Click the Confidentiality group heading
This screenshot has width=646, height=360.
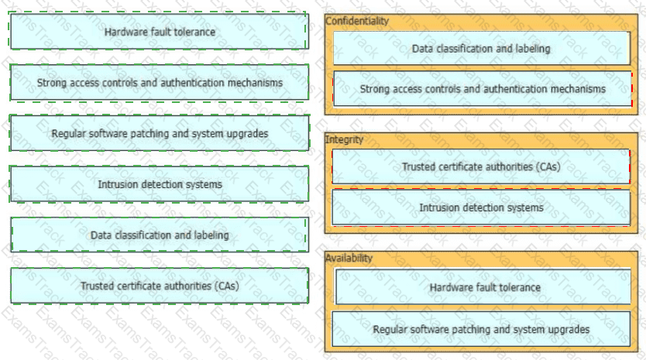tap(357, 21)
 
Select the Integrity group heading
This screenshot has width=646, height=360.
tap(344, 139)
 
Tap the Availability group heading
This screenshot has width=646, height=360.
tap(349, 259)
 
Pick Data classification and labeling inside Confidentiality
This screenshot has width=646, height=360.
tap(481, 49)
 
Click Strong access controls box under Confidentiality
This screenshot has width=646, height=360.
tap(483, 89)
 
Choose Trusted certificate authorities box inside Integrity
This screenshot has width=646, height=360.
tap(481, 166)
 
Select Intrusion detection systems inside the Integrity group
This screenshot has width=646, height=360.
tap(481, 207)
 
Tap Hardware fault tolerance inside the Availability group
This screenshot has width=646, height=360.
tap(483, 287)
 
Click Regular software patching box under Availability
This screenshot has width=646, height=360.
tap(481, 329)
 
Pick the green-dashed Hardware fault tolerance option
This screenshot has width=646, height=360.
tap(160, 31)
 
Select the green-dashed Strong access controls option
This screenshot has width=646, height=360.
tap(160, 82)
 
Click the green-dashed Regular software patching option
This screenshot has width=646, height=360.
tap(160, 133)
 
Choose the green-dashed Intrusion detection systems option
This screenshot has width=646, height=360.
tap(160, 184)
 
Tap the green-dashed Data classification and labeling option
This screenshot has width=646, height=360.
tap(160, 235)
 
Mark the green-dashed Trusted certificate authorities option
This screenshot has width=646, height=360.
tap(160, 286)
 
